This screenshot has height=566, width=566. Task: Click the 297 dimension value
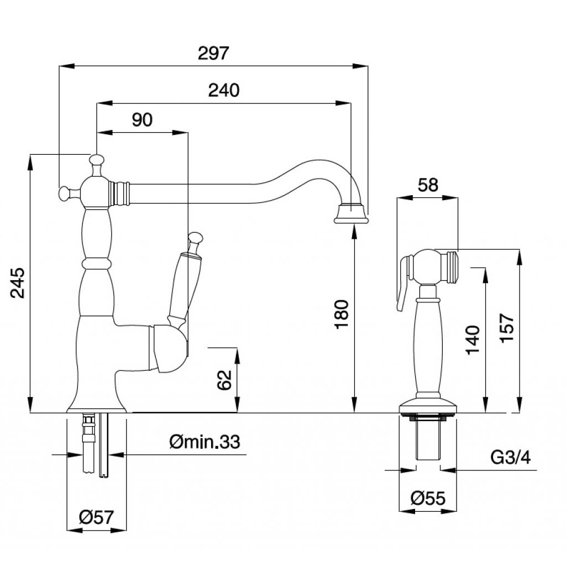coord(213,54)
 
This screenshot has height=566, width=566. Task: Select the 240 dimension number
coord(224,90)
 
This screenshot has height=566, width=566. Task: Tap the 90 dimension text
coord(142,119)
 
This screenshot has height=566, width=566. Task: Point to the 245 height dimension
coord(18,282)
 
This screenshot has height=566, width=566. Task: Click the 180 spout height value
coord(342,314)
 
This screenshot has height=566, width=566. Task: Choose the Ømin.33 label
coord(206,442)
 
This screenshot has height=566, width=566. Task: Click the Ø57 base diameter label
coord(96,518)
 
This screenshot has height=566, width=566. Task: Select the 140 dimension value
coord(473,340)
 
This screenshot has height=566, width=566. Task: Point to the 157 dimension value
coord(506,329)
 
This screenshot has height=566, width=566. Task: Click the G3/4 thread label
coord(511,458)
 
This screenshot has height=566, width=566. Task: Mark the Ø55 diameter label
coord(428,499)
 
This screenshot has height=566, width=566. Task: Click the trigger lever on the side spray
coord(404,279)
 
